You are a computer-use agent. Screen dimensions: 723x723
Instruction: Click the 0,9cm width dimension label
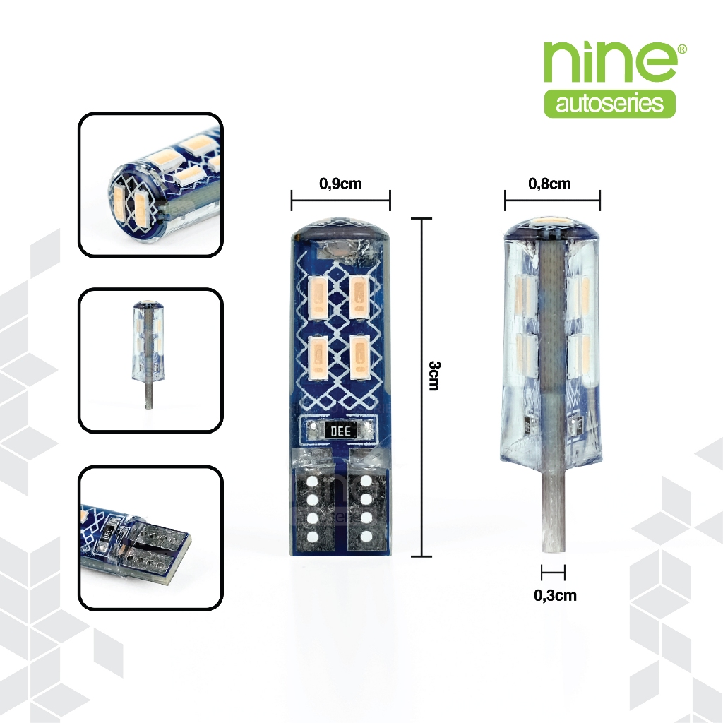pyautogui.click(x=340, y=184)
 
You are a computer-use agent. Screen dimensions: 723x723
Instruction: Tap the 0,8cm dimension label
pyautogui.click(x=549, y=184)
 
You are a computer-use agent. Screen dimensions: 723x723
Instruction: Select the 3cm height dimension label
pyautogui.click(x=434, y=376)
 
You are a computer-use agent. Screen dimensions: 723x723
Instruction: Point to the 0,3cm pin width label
pyautogui.click(x=555, y=594)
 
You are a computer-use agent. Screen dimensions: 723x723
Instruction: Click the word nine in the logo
pyautogui.click(x=609, y=62)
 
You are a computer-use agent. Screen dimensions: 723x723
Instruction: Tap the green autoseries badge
pyautogui.click(x=609, y=103)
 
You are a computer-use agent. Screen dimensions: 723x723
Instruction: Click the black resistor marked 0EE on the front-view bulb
pyautogui.click(x=340, y=431)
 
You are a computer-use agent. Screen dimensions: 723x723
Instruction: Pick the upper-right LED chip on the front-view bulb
pyautogui.click(x=360, y=297)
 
